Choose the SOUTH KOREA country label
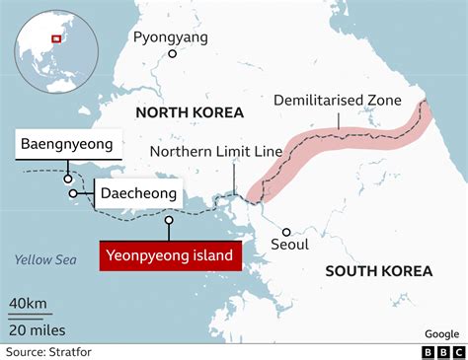pyautogui.click(x=379, y=270)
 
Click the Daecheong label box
pyautogui.click(x=138, y=193)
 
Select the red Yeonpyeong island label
pyautogui.click(x=170, y=256)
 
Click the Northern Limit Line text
pyautogui.click(x=215, y=151)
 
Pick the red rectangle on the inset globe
pyautogui.click(x=55, y=38)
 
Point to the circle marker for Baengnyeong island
pyautogui.click(x=66, y=180)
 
